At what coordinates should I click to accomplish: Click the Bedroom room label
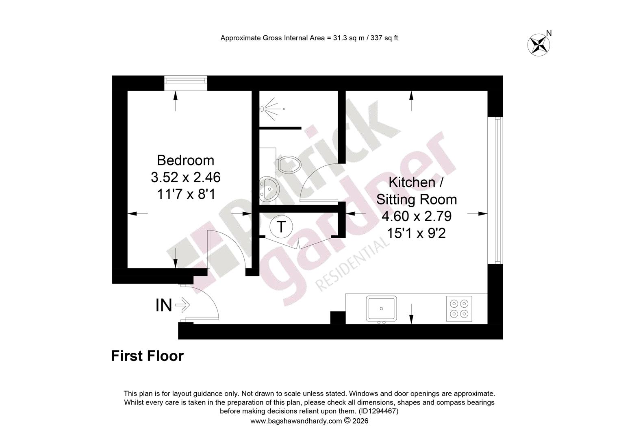185,160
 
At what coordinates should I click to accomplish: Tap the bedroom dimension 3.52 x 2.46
185,177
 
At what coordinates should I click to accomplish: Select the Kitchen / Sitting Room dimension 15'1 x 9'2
416,233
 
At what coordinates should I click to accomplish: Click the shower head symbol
270,109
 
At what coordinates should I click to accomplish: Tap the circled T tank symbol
281,226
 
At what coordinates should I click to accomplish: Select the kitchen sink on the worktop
381,309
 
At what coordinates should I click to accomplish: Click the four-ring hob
459,309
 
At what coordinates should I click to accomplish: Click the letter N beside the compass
549,33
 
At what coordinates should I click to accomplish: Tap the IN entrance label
164,305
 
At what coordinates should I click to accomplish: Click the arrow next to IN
182,305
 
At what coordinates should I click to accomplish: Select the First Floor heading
147,356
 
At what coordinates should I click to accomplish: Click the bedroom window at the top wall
186,83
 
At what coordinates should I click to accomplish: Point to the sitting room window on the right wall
495,190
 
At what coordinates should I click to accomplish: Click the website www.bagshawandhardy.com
296,421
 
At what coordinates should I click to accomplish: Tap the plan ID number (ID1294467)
379,411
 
